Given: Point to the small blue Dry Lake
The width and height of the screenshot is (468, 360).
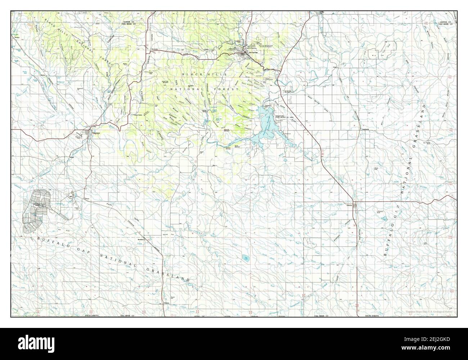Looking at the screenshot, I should tap(247, 258).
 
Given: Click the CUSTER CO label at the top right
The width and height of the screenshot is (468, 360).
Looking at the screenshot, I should tap(447, 22).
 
